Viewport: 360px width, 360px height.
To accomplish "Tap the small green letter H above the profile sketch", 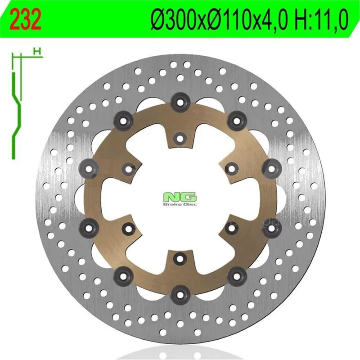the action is (x=37, y=51).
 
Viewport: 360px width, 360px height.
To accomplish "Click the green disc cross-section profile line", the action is (x=16, y=115).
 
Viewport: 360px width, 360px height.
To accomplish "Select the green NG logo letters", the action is (x=180, y=197).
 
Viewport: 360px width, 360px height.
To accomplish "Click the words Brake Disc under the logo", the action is (x=180, y=204).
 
